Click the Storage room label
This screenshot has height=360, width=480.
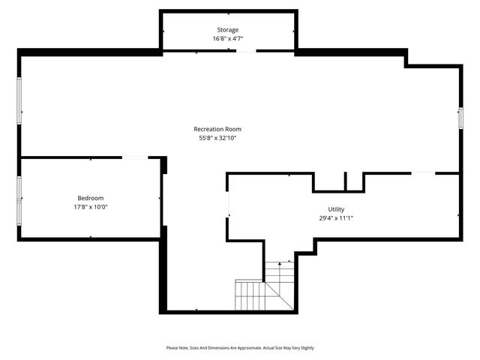point(228,30)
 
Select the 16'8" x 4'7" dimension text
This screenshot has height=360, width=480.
point(228,38)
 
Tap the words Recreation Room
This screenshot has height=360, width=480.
point(217,129)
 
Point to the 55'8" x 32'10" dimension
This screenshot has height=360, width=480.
point(217,138)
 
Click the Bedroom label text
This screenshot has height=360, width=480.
point(90,198)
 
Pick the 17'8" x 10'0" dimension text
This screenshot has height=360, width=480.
point(90,207)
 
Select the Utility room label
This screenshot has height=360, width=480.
point(335,209)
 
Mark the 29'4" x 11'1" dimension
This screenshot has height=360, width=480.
point(335,218)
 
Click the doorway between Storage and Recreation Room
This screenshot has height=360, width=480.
point(246,51)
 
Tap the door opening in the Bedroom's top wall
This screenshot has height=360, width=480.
point(135,157)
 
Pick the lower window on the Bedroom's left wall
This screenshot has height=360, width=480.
point(19,212)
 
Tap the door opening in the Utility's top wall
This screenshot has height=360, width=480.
point(423,173)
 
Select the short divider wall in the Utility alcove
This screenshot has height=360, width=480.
point(346,181)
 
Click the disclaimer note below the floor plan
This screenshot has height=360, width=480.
point(240,348)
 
